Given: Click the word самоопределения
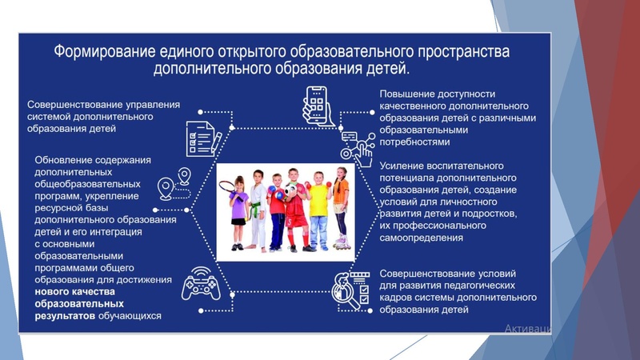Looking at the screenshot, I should (x=422, y=238).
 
